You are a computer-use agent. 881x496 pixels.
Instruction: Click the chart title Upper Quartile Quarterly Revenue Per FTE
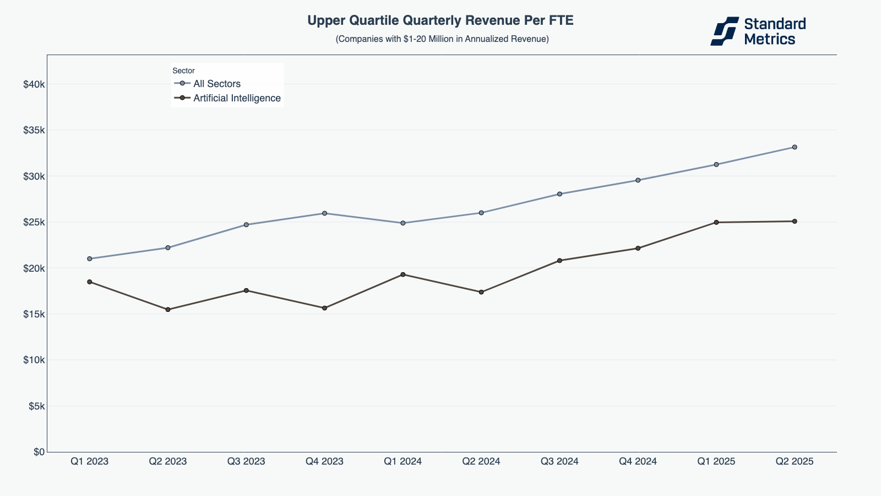(x=440, y=21)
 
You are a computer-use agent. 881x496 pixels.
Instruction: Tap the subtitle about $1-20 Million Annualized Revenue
(x=442, y=39)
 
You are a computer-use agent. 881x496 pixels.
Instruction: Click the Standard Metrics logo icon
(x=724, y=31)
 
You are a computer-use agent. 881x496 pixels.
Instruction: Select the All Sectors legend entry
(x=216, y=84)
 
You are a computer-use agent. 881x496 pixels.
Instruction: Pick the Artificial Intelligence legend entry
(x=237, y=98)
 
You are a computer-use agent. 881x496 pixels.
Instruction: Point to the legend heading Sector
(x=183, y=71)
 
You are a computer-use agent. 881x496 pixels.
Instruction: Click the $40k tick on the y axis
(x=34, y=84)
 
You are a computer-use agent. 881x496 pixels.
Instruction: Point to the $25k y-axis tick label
(x=34, y=222)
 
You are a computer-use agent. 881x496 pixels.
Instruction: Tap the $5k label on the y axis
(x=36, y=406)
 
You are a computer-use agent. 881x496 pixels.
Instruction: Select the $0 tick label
(x=39, y=452)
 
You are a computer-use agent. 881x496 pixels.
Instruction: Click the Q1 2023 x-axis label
(x=89, y=461)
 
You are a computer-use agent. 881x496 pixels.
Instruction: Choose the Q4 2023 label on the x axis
(x=324, y=461)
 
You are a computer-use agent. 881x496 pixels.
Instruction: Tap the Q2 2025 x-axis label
(x=794, y=461)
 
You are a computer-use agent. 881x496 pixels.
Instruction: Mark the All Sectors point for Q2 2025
(x=795, y=147)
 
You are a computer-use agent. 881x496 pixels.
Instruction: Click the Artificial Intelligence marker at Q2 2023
(x=168, y=310)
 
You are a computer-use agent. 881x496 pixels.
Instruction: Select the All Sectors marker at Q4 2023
(x=324, y=213)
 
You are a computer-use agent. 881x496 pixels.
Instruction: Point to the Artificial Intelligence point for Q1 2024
(x=403, y=274)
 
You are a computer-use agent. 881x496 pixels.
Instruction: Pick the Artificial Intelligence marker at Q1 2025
(x=716, y=222)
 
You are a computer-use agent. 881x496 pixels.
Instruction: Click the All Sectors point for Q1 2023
(x=89, y=258)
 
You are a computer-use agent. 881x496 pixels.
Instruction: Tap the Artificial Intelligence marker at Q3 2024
(x=559, y=260)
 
